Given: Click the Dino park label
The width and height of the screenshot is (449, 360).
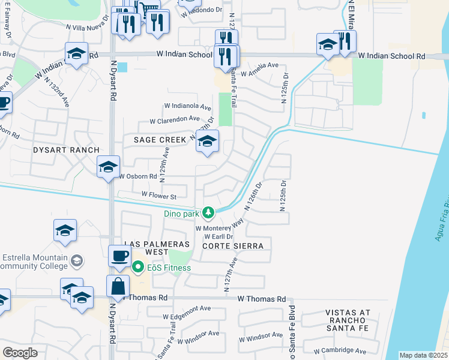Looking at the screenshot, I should pyautogui.click(x=182, y=212).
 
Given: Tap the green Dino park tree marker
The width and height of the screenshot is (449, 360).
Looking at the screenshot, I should pyautogui.click(x=208, y=212).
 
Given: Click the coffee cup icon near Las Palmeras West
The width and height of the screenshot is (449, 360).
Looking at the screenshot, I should pyautogui.click(x=119, y=256).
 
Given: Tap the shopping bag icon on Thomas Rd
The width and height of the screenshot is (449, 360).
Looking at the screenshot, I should pyautogui.click(x=118, y=287).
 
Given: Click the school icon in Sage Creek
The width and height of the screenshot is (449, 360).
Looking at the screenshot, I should pyautogui.click(x=207, y=142).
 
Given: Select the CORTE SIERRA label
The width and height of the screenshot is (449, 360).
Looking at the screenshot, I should pyautogui.click(x=232, y=246).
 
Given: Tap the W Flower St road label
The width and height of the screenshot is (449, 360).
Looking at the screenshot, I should pyautogui.click(x=158, y=196).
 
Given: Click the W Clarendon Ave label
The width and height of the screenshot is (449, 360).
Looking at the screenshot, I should pyautogui.click(x=175, y=119).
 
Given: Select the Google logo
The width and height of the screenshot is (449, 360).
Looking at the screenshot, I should pyautogui.click(x=19, y=352).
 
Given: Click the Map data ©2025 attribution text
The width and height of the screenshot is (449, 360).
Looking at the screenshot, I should pyautogui.click(x=423, y=355).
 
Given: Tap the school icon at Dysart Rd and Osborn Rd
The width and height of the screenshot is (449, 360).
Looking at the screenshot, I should pyautogui.click(x=109, y=167).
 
